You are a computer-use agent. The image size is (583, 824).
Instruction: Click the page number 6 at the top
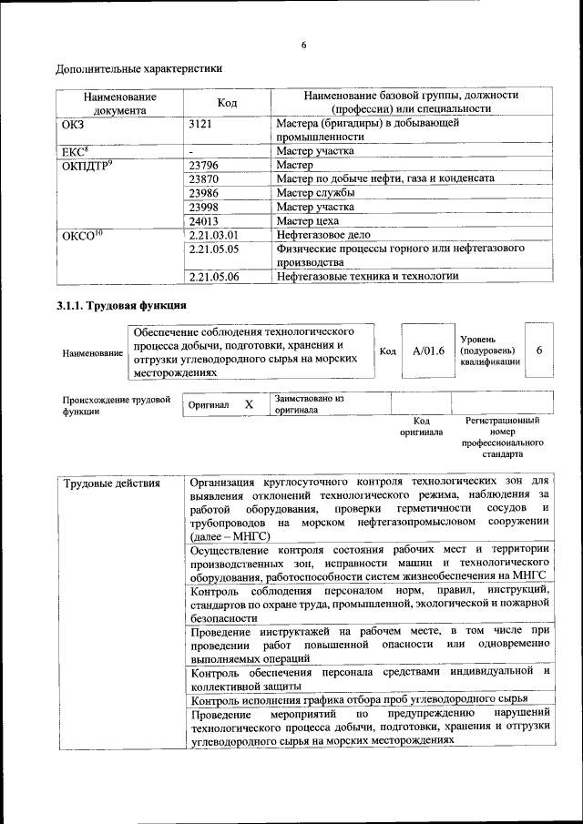pos(303,46)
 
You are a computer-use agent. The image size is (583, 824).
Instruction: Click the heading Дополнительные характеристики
pos(138,68)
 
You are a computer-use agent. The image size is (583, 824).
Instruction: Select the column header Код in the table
pos(227,103)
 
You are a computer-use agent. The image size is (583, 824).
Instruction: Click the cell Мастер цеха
pos(308,221)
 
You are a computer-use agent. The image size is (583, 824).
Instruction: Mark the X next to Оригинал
pos(249,403)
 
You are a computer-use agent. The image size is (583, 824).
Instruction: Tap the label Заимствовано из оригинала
pos(309,404)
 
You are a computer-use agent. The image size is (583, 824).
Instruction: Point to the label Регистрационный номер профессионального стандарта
pos(502,436)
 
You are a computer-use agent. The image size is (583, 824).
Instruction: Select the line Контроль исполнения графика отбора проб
pos(360,700)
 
